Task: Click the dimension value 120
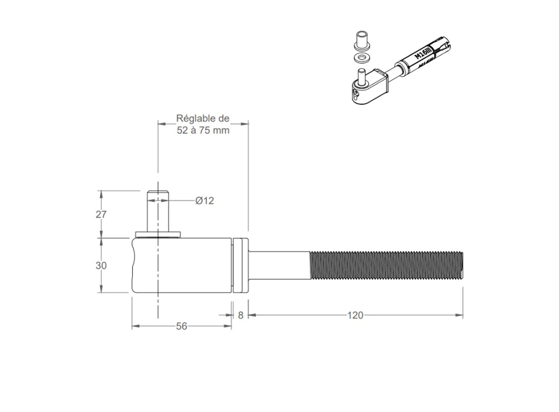(x=355, y=315)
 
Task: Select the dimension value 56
(x=182, y=326)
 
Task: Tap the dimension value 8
(x=240, y=315)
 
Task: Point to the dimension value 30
(x=101, y=266)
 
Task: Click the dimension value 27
(x=101, y=215)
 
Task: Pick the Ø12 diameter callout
(x=204, y=201)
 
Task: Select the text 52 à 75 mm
(x=203, y=130)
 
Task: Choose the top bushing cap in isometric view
(x=362, y=40)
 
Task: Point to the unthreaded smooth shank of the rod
(x=279, y=265)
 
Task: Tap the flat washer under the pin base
(x=158, y=235)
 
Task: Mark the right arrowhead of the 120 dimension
(x=460, y=315)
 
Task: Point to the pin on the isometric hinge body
(x=361, y=77)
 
